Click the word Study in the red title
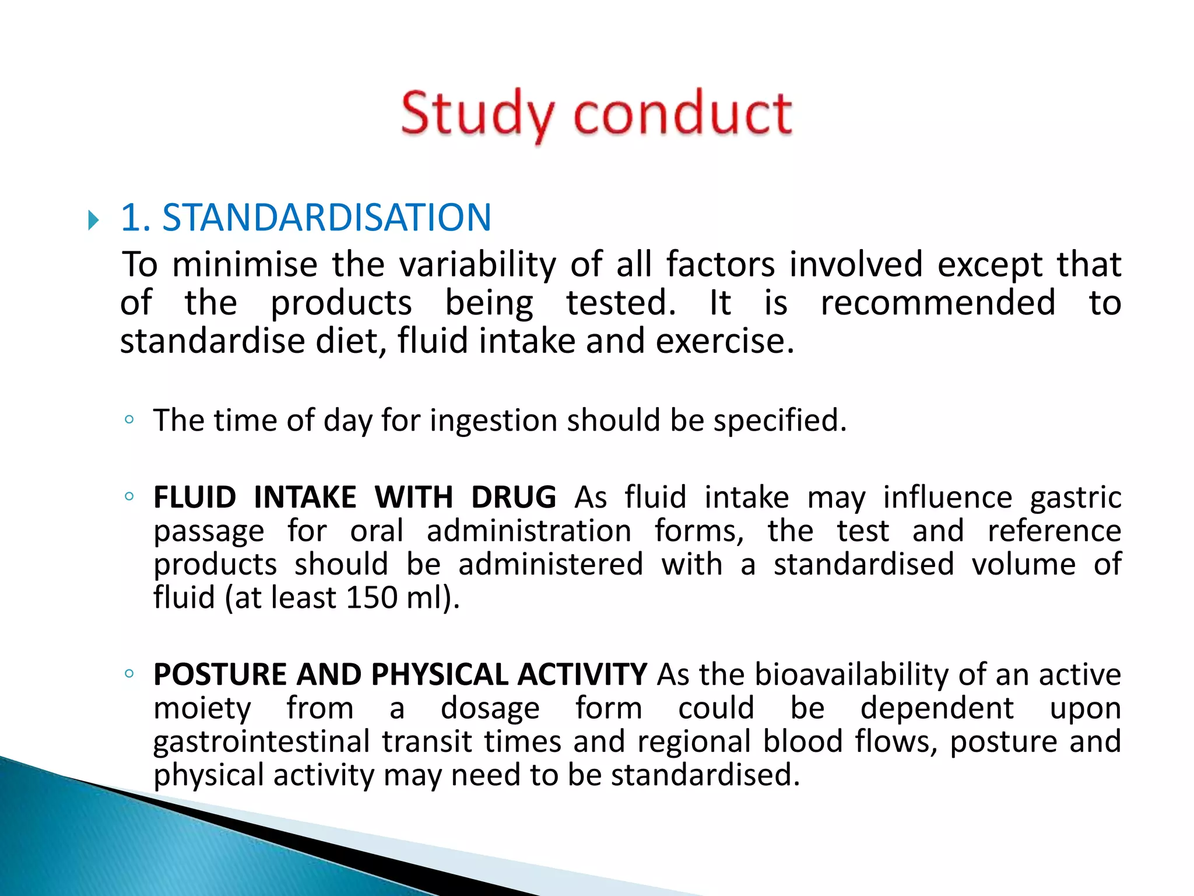coord(477,114)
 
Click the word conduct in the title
coord(683,113)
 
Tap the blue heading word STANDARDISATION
coord(326,218)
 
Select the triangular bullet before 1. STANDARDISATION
coord(93,220)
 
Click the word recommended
coord(937,303)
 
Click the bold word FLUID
coord(195,498)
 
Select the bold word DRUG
coord(513,498)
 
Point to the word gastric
coord(1075,498)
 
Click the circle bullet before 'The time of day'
coord(129,419)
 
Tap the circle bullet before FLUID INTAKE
coord(129,496)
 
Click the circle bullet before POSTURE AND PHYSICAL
coord(129,674)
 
